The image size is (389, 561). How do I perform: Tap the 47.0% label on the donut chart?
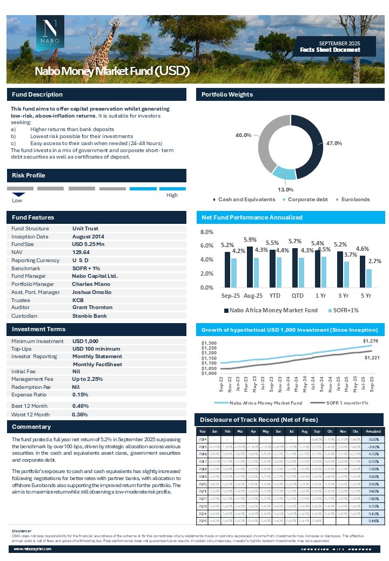tap(333, 143)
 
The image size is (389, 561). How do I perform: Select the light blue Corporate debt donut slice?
tap(284, 172)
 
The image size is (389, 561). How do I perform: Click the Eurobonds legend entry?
tap(354, 200)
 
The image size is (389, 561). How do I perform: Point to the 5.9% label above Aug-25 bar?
tap(250, 240)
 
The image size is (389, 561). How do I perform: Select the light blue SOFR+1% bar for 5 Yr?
tap(369, 278)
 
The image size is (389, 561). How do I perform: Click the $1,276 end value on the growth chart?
tap(370, 341)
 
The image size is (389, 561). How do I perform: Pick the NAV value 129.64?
tap(81, 252)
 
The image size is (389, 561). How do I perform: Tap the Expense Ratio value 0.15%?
tap(81, 394)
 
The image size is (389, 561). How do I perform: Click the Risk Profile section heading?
tap(29, 175)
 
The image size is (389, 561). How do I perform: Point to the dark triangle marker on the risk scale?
tap(19, 194)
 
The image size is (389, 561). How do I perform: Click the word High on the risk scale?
tap(172, 195)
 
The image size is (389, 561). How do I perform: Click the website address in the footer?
tap(32, 548)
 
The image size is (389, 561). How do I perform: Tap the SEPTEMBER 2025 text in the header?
tap(339, 43)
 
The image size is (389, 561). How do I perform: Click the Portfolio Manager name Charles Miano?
tap(91, 284)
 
